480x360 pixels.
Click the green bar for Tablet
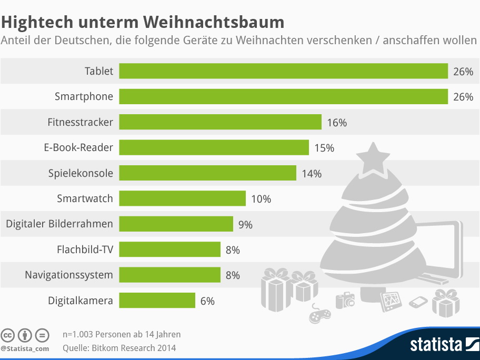283,71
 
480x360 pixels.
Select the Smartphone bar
283,96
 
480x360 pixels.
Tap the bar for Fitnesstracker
220,122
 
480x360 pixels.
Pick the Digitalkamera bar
157,301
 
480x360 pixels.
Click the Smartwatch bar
182,198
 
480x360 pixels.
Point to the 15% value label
324,148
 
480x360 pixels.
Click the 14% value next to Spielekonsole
312,173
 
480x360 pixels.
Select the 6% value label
207,301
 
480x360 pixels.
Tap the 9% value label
245,224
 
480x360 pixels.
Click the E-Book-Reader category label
78,147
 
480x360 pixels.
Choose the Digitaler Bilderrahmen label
59,224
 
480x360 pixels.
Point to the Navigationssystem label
69,275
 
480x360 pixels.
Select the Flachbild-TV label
85,249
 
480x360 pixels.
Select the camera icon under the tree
345,300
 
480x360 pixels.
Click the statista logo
442,345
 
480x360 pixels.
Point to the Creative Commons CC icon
8,335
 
